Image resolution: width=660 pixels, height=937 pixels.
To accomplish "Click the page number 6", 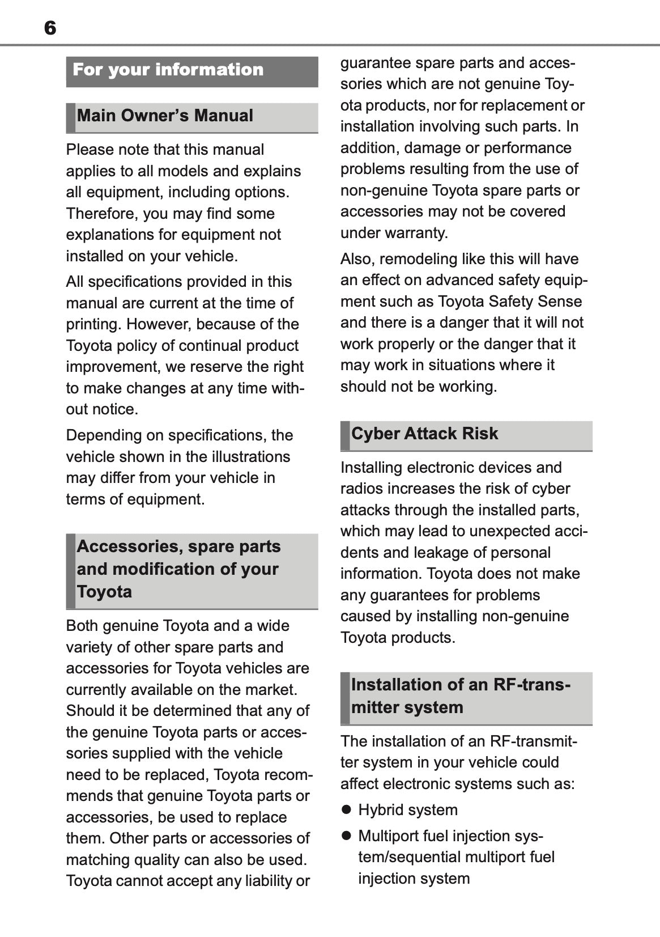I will coord(50,28).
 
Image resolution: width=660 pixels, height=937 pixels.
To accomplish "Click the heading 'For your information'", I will coord(168,70).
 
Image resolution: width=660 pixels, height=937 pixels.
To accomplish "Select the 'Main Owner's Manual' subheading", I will coord(165,116).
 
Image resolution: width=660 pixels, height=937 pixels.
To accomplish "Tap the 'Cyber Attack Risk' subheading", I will coord(424,434).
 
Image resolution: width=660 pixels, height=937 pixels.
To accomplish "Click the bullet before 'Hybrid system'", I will coord(346,809).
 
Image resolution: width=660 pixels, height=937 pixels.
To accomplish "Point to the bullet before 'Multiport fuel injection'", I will coord(346,836).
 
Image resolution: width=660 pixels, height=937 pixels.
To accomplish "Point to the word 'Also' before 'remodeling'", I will coord(356,259).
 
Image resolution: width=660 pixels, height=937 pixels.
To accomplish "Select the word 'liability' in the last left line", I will coord(267,881).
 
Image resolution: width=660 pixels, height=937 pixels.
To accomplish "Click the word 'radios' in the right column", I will coord(362,489).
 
